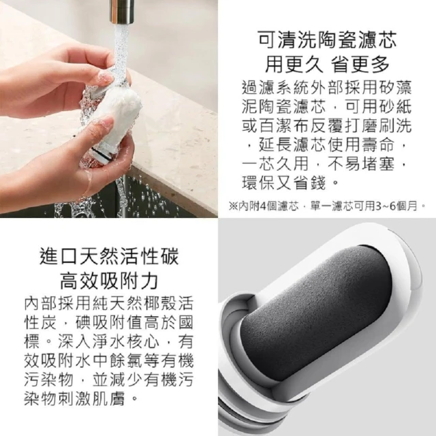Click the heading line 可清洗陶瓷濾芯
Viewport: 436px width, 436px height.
327,40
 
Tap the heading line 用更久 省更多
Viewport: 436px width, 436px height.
327,63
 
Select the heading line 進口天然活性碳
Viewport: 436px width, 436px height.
109,256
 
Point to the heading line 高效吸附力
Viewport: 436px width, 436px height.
109,280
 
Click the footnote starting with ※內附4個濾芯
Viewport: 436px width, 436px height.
327,206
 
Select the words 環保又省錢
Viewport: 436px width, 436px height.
283,183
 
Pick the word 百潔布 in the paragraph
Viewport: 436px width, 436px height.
283,126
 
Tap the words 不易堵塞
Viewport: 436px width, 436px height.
361,164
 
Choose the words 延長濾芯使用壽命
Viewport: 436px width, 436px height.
327,145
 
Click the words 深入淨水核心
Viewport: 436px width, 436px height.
108,341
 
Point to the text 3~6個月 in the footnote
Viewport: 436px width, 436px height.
396,206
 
